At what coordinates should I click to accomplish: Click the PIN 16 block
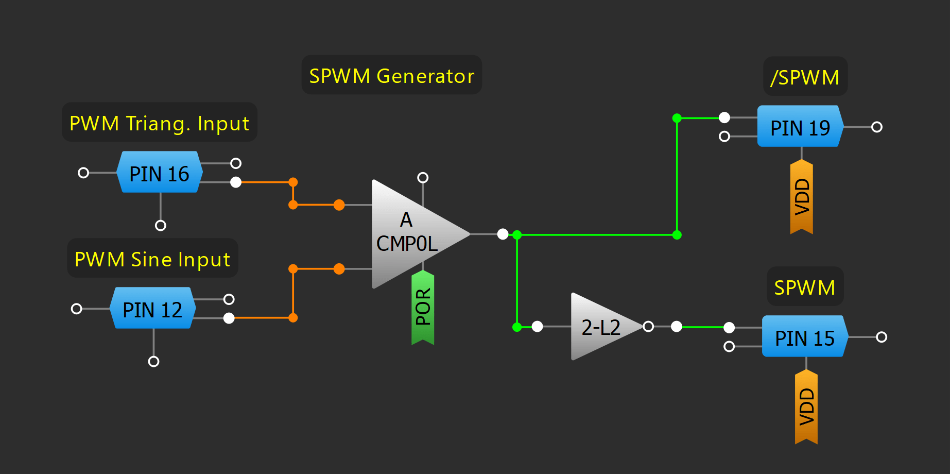pos(159,173)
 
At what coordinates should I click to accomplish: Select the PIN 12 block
pos(152,309)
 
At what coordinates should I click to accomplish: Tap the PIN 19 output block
pos(800,127)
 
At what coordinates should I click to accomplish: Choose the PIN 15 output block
pos(804,337)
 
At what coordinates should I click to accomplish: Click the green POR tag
pos(423,307)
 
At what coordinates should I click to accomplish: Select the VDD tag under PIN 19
pos(802,197)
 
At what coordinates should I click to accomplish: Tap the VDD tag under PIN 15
pos(806,407)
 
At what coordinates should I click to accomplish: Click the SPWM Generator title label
pos(391,76)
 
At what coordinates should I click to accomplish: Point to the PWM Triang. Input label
pos(159,123)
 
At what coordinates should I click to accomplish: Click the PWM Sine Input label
pos(152,259)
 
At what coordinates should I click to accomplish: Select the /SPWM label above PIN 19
pos(805,77)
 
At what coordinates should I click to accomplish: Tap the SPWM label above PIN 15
pos(805,287)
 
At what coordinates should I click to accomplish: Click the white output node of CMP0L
pos(503,234)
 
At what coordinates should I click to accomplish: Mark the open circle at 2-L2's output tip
pos(648,326)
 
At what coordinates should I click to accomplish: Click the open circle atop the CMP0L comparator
pos(423,178)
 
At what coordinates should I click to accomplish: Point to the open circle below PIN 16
pos(161,225)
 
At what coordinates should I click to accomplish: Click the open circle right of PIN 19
pos(877,127)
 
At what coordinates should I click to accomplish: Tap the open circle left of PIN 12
pos(77,309)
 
